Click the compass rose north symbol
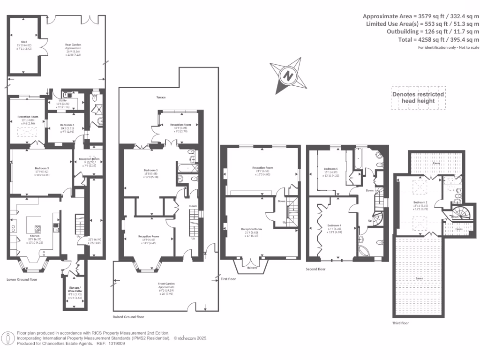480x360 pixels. (x=288, y=75)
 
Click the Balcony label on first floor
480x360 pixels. (x=255, y=268)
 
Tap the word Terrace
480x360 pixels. (x=161, y=97)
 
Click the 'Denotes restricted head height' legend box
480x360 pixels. (x=418, y=97)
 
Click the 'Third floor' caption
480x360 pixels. (x=400, y=323)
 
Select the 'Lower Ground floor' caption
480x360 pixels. (x=22, y=279)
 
